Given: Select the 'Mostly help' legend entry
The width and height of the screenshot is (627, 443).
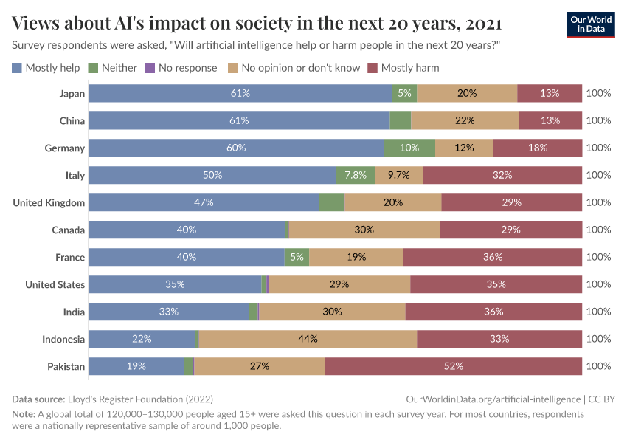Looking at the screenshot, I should [46, 68].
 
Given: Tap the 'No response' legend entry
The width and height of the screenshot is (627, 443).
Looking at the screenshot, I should [180, 68].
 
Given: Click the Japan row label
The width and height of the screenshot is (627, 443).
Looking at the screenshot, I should [72, 93].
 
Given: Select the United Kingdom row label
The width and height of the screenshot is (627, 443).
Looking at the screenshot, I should [49, 202].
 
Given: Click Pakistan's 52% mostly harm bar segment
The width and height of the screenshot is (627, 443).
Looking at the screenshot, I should [453, 366].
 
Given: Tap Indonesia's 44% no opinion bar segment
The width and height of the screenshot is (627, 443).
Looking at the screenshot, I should [308, 339].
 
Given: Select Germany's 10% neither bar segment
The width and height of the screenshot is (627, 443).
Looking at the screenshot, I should [409, 148].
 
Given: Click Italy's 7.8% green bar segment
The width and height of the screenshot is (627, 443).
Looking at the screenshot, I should [356, 175].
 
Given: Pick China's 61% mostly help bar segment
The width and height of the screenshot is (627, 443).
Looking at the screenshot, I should [239, 120].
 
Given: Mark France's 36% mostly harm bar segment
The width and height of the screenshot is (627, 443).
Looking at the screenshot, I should [493, 257].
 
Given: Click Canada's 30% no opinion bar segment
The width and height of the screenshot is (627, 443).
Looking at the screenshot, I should [364, 230].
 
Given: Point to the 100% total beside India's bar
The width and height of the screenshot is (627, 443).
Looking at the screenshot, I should [598, 312].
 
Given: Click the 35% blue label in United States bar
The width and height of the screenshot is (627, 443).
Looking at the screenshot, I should [175, 284].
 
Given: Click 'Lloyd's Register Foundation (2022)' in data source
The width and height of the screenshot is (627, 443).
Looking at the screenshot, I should [140, 399].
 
